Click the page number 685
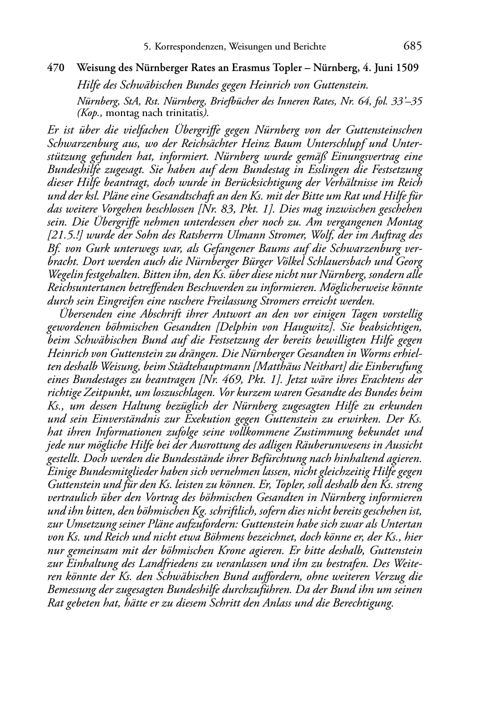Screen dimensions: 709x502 point(412,46)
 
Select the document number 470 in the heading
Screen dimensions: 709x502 point(55,67)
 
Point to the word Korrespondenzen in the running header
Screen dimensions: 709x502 point(189,47)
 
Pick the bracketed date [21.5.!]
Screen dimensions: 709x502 point(64,235)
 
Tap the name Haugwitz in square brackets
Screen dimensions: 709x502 point(312,327)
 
